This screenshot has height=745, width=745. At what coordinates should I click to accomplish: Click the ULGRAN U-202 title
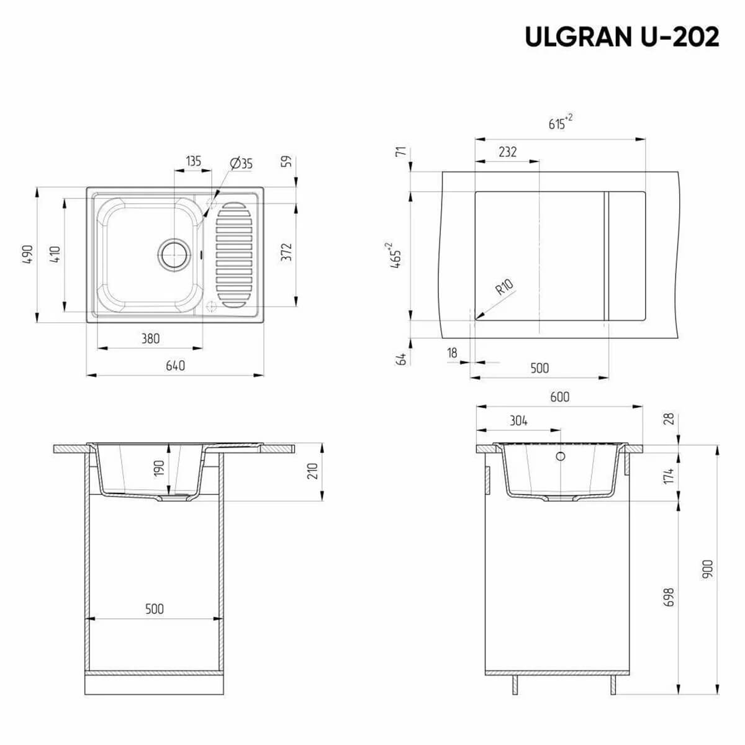click(x=621, y=37)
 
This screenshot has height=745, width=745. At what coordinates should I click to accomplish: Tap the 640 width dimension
click(x=175, y=366)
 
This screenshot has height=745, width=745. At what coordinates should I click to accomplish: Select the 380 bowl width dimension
click(x=150, y=339)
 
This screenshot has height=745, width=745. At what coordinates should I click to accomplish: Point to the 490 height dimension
click(x=28, y=255)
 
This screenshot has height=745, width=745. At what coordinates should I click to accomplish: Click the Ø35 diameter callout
click(x=242, y=163)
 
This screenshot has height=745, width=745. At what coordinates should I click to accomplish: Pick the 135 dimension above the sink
click(x=193, y=161)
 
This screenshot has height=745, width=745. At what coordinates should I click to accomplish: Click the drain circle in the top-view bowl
click(x=174, y=255)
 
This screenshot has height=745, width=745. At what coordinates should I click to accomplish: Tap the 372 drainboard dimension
click(x=286, y=252)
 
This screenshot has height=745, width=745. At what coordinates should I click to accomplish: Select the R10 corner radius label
click(x=505, y=286)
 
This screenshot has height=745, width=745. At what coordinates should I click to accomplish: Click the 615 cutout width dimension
click(x=560, y=122)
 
